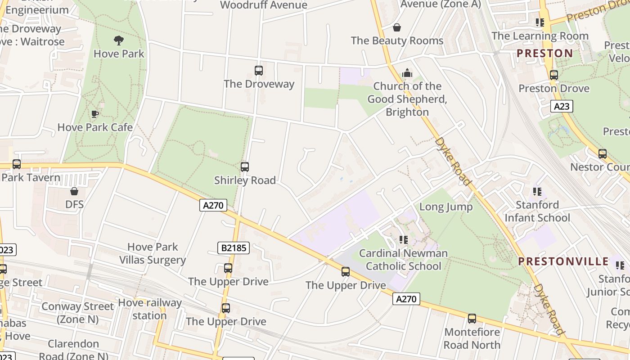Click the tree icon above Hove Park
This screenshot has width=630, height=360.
pos(119,41)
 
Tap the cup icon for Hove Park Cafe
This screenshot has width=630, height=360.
pos(95,114)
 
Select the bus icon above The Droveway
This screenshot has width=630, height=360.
pos(258,71)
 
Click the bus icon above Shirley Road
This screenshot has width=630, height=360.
pos(245,167)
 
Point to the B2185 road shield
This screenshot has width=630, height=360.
pos(234,247)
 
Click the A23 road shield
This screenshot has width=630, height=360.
pos(561,107)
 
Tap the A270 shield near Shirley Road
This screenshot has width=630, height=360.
pos(213,205)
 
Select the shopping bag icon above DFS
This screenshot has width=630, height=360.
pos(74,192)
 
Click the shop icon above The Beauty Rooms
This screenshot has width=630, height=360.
pos(396,28)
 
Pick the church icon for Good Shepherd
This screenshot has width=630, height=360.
pos(407,73)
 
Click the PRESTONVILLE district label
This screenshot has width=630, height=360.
pos(563,261)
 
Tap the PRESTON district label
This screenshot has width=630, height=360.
pos(544,54)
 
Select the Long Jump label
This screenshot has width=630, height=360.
pos(445,207)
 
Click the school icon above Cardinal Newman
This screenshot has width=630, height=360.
pos(403,240)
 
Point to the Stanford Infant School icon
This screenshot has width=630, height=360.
pos(537,192)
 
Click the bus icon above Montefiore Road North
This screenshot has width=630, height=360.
pos(472,319)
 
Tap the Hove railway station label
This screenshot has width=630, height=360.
pos(149,309)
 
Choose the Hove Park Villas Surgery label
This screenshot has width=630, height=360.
pos(153,253)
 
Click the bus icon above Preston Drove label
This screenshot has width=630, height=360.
pos(553,75)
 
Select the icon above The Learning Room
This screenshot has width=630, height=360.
pos(540,22)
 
